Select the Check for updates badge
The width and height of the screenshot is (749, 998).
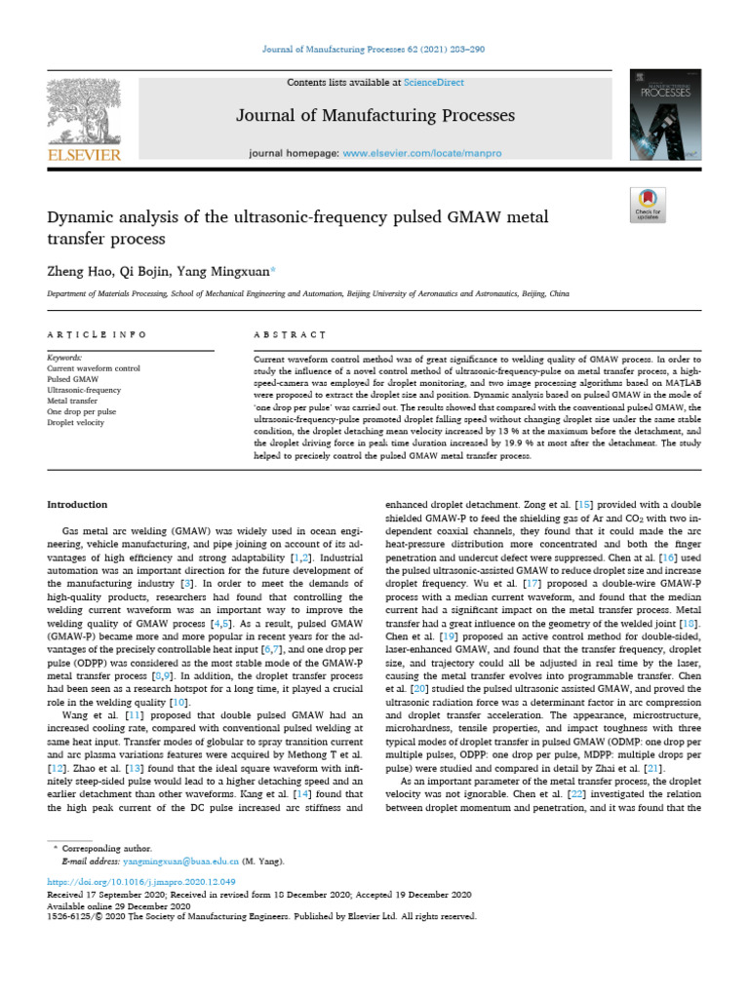click(x=649, y=205)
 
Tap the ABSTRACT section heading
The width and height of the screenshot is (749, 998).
click(x=289, y=334)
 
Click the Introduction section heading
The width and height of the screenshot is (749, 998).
click(x=78, y=505)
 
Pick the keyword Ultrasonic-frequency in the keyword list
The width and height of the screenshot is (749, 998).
click(x=84, y=388)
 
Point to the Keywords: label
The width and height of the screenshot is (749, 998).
click(x=64, y=357)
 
